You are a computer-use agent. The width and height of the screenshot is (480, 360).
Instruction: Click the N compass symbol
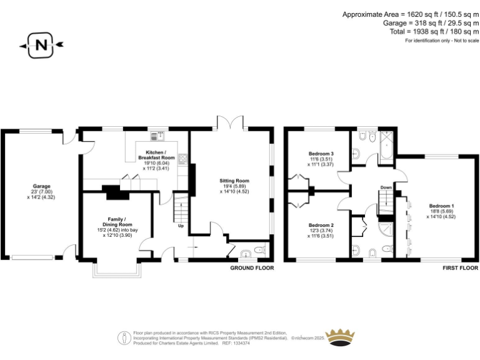(41, 45)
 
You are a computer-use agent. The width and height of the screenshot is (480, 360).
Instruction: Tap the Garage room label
(42, 186)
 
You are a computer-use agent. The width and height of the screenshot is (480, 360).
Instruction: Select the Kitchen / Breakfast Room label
(156, 156)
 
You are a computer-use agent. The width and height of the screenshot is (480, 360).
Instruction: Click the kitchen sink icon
(155, 136)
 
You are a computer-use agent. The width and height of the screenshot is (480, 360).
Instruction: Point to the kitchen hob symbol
(182, 159)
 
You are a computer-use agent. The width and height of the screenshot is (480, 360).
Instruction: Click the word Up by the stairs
(181, 226)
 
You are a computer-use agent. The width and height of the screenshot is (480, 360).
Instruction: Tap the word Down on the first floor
(386, 187)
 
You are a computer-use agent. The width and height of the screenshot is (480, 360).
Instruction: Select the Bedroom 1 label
(441, 206)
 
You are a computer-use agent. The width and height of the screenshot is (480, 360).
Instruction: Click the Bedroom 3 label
(321, 154)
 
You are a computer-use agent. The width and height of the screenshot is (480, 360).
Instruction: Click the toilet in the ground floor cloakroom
(261, 251)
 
